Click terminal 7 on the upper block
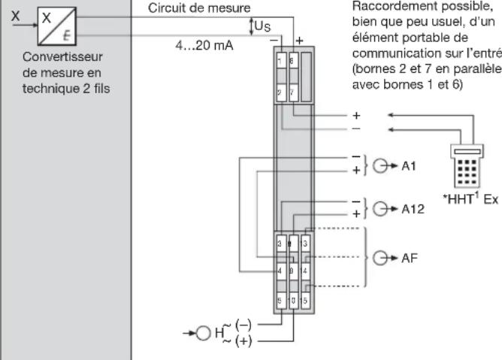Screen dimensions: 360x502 click(292, 93)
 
